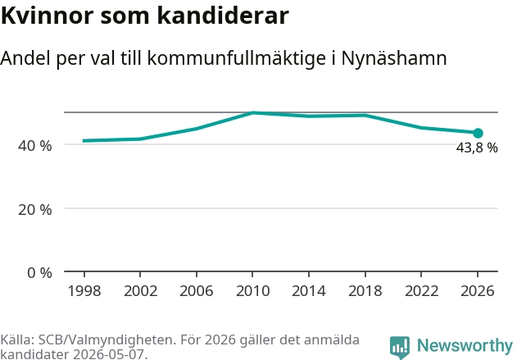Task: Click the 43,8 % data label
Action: click(477, 148)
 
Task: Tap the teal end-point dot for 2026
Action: click(478, 134)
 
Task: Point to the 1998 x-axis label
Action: click(84, 291)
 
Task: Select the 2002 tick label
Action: click(140, 291)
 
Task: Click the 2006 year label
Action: click(197, 291)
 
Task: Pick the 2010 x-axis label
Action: click(253, 291)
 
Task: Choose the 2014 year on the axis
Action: click(309, 291)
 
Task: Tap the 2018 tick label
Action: click(365, 291)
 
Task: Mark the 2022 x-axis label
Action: click(421, 291)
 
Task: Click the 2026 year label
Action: click(478, 291)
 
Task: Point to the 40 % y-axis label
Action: click(35, 146)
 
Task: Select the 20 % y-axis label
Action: click(35, 210)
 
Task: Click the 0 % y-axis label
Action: click(39, 273)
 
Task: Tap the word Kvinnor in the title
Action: click(48, 16)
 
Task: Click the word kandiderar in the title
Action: click(223, 16)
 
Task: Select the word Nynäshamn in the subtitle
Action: click(394, 59)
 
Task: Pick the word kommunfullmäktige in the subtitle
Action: click(237, 59)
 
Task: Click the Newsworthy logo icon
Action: click(400, 347)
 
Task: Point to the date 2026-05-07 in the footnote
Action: click(109, 354)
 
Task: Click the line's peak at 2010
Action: click(252, 113)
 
